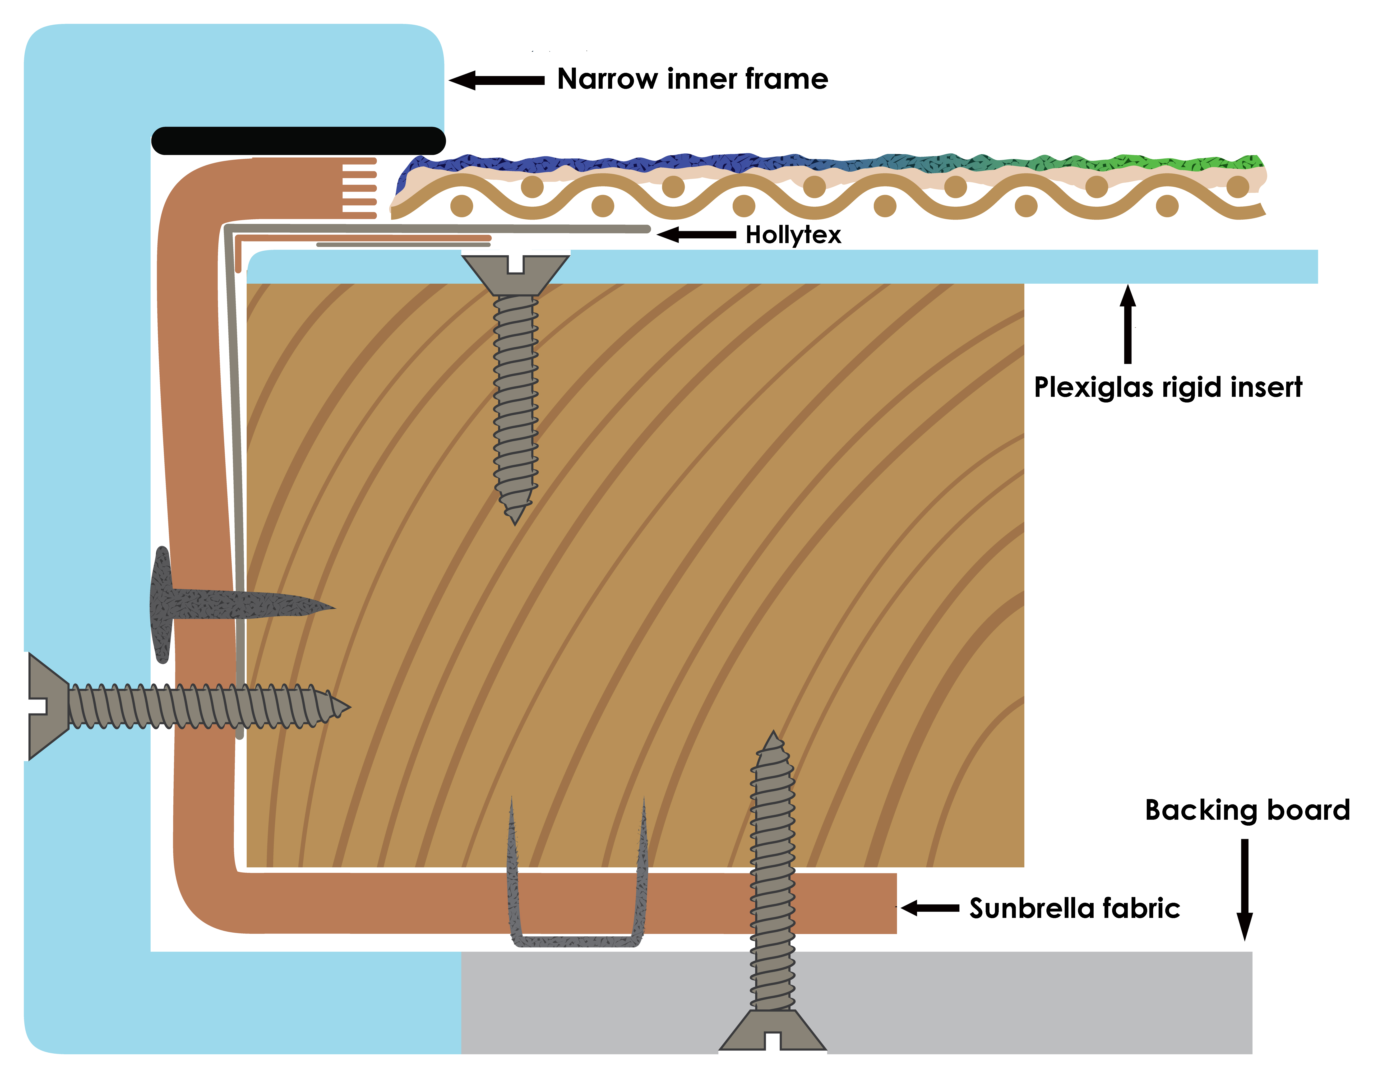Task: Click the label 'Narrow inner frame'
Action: coord(692,79)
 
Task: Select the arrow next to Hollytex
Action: coord(696,235)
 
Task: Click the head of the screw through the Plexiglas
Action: coord(516,271)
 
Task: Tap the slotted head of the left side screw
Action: coord(47,706)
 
